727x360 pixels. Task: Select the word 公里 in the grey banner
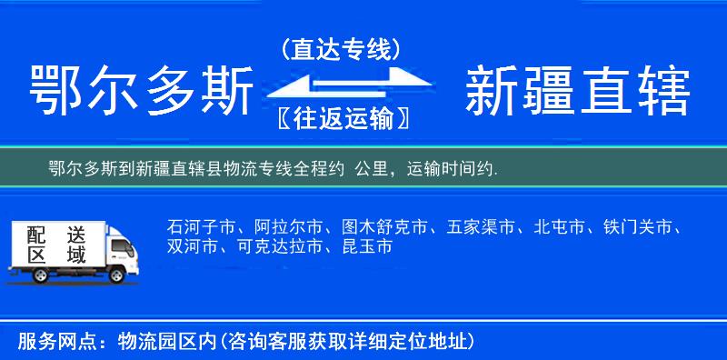[375, 168]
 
